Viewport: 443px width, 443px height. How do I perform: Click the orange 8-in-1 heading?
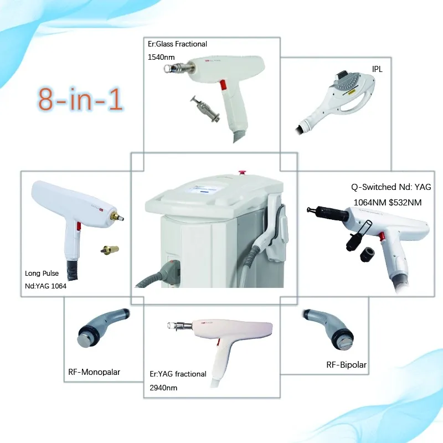pos(80,99)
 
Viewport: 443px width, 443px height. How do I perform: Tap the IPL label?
pos(377,69)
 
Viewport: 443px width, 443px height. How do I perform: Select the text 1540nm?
pos(161,58)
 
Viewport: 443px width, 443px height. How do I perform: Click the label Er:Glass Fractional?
pos(177,44)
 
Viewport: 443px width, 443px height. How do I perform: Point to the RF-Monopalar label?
pos(94,372)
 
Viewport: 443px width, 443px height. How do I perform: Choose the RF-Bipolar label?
pos(347,365)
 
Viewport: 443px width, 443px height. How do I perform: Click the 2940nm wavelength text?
pos(163,388)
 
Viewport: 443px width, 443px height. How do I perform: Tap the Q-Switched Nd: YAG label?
pos(391,187)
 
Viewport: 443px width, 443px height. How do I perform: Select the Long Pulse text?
pos(42,273)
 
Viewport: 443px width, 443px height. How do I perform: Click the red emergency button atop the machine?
pos(242,172)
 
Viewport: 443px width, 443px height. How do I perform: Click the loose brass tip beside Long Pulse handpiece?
pos(110,250)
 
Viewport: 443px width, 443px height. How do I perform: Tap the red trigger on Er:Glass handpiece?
pos(223,85)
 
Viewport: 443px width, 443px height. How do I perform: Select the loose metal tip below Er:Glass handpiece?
pos(205,109)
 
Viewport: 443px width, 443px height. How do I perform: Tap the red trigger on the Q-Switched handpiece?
pos(382,236)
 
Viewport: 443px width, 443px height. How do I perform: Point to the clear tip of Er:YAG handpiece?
pos(171,325)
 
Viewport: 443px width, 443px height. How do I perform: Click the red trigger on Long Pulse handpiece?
pos(79,226)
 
